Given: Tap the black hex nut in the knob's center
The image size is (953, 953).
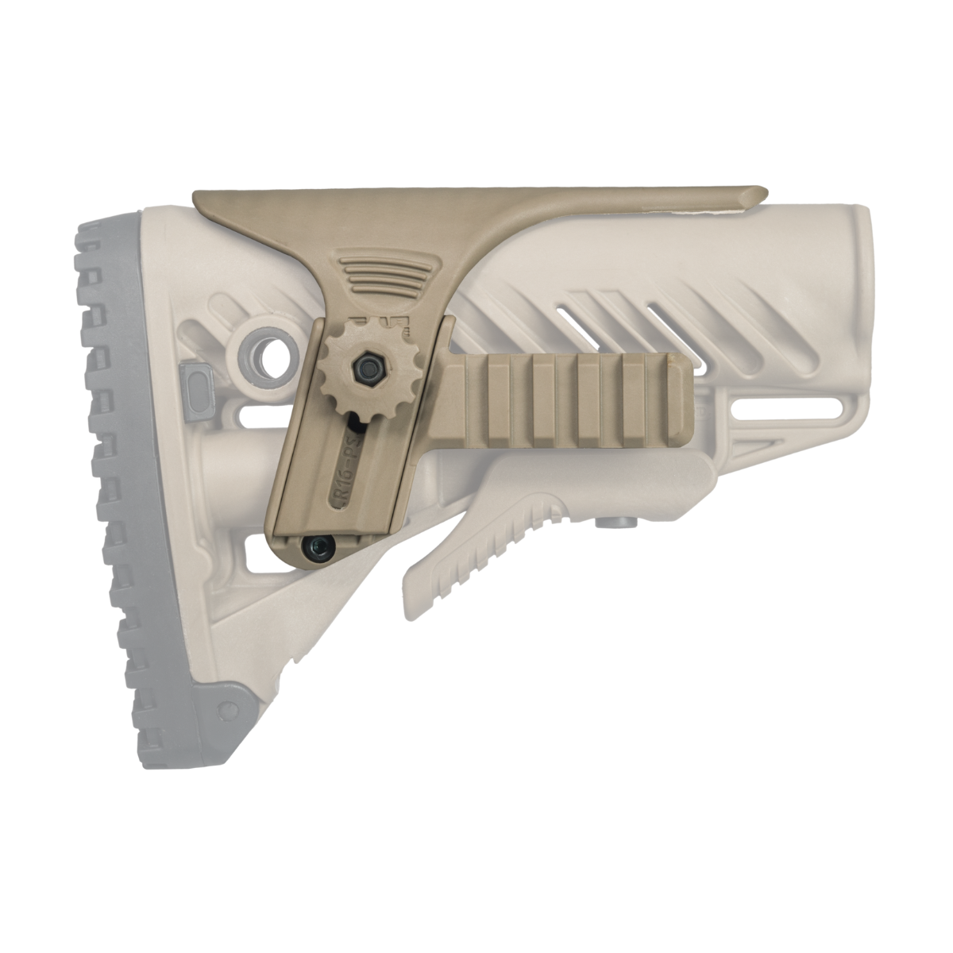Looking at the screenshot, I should tap(366, 366).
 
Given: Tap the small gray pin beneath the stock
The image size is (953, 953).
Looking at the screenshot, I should tap(612, 523).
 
